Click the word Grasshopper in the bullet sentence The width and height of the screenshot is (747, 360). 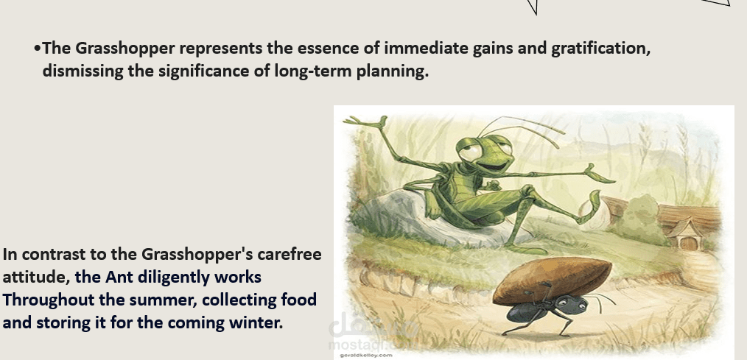click(124, 49)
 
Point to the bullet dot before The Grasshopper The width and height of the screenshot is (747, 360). click(37, 49)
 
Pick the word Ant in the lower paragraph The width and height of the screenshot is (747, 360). click(119, 277)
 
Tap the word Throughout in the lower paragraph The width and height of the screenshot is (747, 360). click(48, 300)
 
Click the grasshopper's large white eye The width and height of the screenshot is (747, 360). click(470, 152)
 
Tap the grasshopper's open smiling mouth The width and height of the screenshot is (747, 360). click(492, 166)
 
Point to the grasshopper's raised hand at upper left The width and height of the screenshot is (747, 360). click(367, 123)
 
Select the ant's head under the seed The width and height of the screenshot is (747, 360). click(569, 304)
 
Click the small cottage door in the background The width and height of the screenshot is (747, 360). click(688, 243)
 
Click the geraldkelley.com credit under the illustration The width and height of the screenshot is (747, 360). click(366, 356)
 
